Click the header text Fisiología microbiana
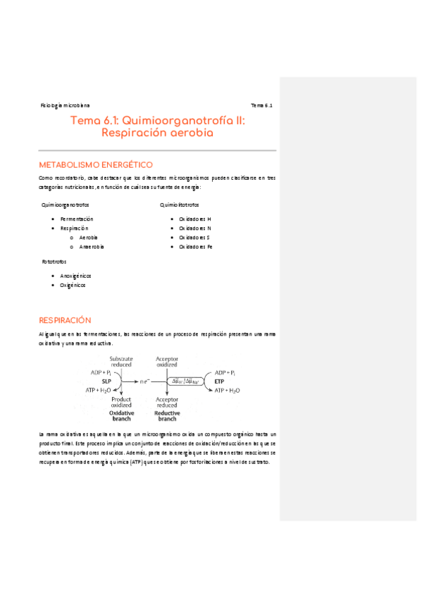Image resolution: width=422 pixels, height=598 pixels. coord(65,105)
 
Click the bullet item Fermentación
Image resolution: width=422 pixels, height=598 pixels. coord(77,219)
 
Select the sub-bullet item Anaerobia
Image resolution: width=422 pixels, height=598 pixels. coord(92,247)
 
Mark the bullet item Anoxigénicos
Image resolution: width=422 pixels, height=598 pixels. coord(76,276)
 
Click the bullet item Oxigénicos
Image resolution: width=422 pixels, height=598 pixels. coord(73,285)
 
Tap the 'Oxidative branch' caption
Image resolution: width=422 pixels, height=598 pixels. coord(121,416)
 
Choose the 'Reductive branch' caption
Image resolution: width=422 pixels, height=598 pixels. coord(167,416)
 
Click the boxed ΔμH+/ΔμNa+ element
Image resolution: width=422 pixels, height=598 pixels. coord(186,381)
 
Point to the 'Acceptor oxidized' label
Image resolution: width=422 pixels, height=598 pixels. coord(167,362)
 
